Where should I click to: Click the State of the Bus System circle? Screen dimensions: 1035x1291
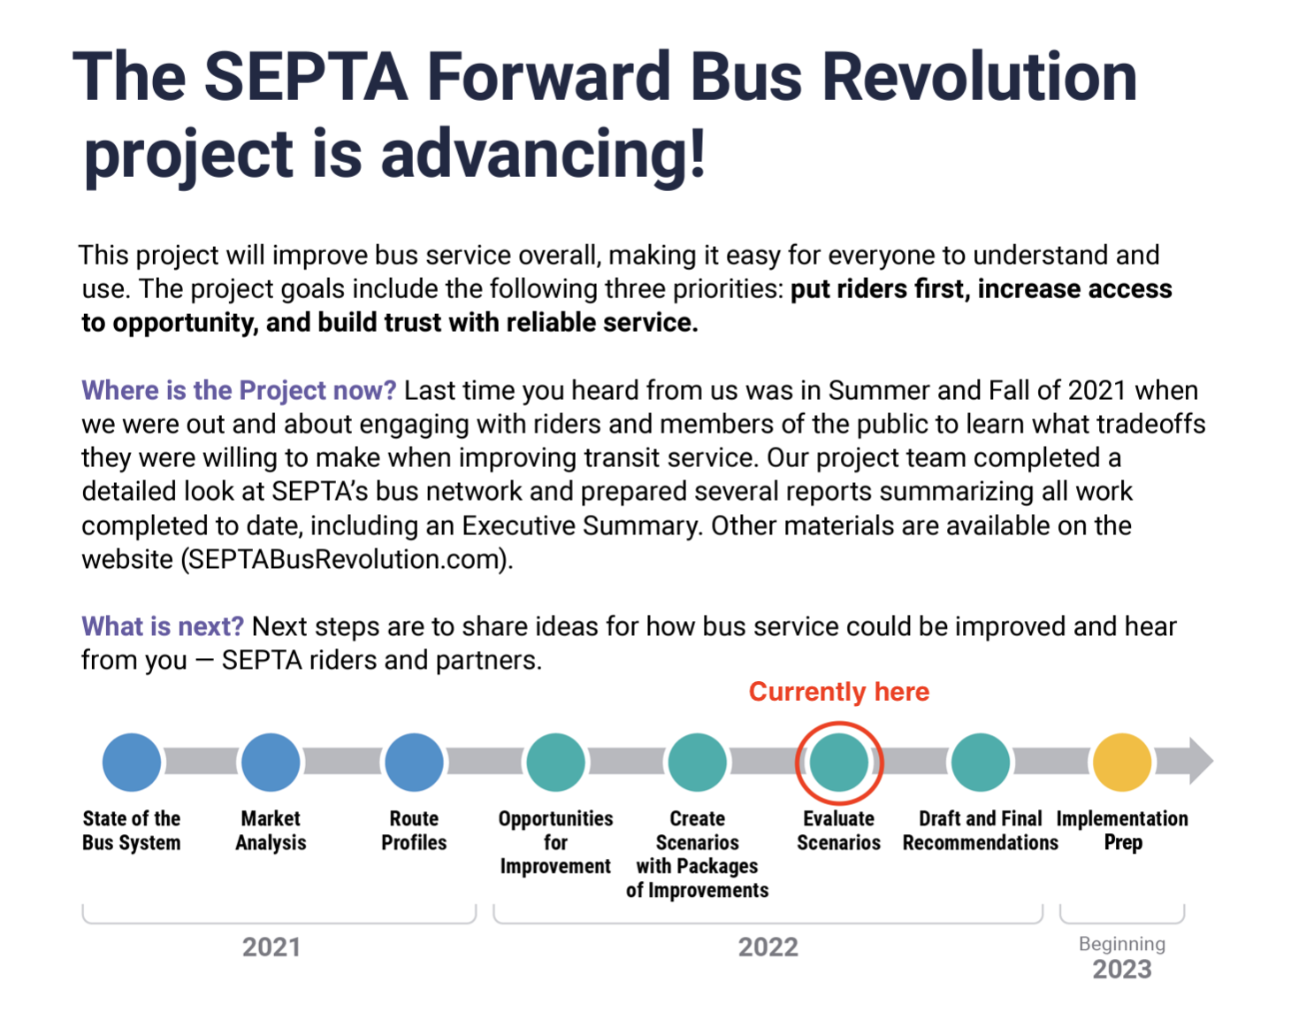132,762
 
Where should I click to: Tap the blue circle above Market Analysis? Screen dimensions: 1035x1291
271,762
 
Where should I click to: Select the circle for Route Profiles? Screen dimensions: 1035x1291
414,762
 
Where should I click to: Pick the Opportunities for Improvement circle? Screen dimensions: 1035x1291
555,762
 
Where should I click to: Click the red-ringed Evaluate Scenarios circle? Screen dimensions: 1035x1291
838,762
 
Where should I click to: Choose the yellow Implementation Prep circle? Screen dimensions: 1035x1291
1122,762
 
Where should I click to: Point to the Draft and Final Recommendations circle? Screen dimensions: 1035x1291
981,762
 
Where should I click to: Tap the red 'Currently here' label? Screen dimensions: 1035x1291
838,692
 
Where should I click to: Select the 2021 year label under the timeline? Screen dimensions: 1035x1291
271,947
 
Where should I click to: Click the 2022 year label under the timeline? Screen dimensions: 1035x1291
768,947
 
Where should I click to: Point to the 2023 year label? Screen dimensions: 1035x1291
1122,970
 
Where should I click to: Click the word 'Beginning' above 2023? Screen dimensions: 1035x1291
1122,944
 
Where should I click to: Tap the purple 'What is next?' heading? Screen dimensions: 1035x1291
163,626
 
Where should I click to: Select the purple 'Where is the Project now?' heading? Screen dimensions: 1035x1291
239,390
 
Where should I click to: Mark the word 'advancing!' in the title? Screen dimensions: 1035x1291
543,154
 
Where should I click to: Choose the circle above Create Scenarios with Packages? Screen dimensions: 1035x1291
697,762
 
